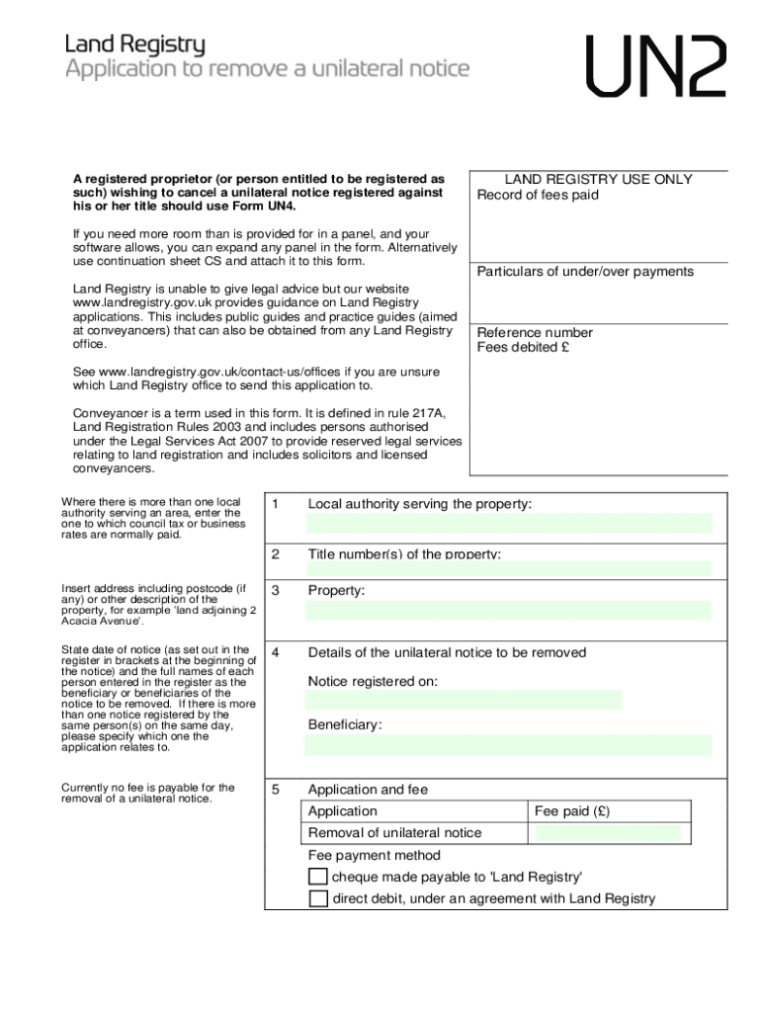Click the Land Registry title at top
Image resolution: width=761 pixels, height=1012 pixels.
coord(135,44)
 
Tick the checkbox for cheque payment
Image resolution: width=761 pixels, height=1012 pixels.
coord(317,877)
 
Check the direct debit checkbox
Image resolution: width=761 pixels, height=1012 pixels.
coord(317,898)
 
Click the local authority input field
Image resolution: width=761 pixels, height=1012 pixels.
coord(508,523)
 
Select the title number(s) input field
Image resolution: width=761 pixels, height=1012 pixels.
coord(508,568)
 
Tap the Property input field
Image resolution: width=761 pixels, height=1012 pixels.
coord(508,610)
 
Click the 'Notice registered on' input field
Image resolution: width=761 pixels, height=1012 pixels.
coord(464,700)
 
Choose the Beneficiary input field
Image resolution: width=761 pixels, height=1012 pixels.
coord(508,744)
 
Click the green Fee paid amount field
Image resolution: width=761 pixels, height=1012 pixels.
coord(607,833)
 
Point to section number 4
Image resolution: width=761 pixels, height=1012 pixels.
coord(276,652)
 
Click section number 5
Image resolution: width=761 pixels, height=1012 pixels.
coord(276,790)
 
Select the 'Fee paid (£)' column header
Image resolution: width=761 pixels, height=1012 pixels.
coord(572,811)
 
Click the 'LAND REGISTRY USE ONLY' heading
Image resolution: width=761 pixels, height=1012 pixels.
coord(599,180)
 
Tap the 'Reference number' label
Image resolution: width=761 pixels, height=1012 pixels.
coord(535,333)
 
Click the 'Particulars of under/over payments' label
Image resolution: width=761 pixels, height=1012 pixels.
coord(585,272)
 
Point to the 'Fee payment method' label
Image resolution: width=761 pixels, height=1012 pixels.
coord(375,855)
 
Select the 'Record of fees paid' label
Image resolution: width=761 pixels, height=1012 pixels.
coord(538,195)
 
